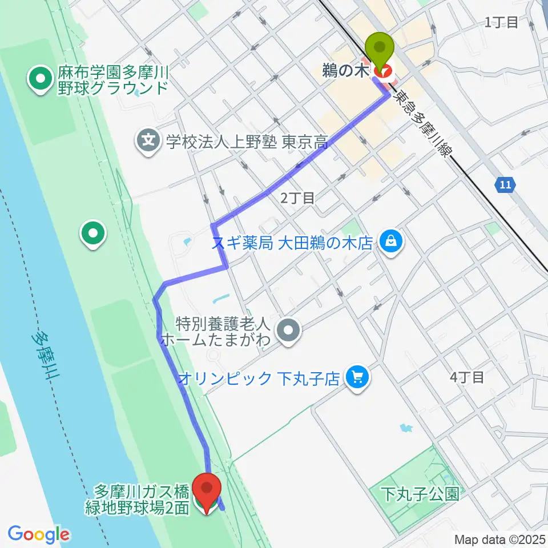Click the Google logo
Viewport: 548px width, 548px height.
click(x=39, y=534)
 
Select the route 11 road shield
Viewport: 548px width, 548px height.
click(x=505, y=185)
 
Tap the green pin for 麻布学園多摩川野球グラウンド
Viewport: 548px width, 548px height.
click(x=41, y=80)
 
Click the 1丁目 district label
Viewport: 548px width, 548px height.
click(x=501, y=23)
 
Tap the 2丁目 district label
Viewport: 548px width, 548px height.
click(x=297, y=198)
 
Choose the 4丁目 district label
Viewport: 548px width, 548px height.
click(x=467, y=377)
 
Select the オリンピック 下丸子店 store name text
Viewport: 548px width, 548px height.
click(x=260, y=378)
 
